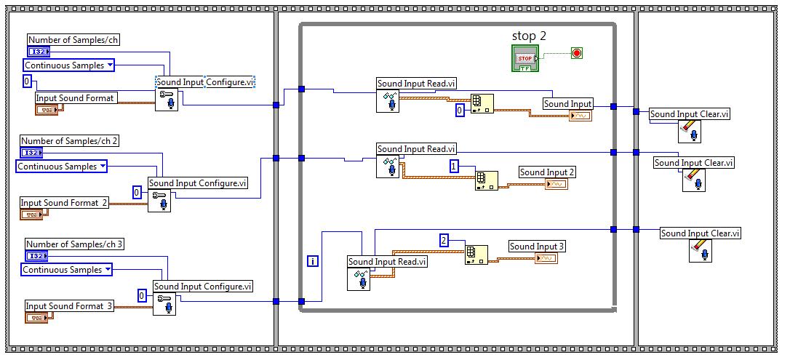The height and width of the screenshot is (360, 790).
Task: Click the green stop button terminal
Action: (524, 58)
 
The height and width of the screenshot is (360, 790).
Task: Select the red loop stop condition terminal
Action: (577, 53)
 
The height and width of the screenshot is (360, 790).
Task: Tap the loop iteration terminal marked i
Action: (312, 260)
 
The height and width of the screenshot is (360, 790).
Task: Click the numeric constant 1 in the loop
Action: (454, 167)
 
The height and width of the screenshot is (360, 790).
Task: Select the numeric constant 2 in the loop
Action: (444, 241)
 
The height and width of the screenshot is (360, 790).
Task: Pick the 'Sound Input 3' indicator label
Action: (537, 247)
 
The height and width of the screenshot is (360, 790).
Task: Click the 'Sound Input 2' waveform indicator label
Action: (547, 172)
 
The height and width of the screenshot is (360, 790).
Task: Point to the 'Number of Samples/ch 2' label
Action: (69, 141)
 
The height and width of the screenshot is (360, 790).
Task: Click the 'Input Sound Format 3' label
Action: (70, 305)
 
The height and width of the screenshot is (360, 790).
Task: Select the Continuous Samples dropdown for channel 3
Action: (66, 270)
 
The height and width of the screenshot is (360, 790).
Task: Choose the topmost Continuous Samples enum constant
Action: (70, 65)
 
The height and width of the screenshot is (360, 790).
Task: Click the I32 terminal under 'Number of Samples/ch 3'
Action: (36, 256)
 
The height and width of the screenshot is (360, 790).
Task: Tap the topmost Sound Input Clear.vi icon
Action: (689, 131)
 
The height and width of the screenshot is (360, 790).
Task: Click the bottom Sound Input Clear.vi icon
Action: (699, 250)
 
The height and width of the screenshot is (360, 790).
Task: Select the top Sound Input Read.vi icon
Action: (387, 101)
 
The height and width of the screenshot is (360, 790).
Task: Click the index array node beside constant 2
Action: (476, 255)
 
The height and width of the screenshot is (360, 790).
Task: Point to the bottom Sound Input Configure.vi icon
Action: (164, 303)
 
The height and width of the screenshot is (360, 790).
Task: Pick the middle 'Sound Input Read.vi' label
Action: (416, 149)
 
